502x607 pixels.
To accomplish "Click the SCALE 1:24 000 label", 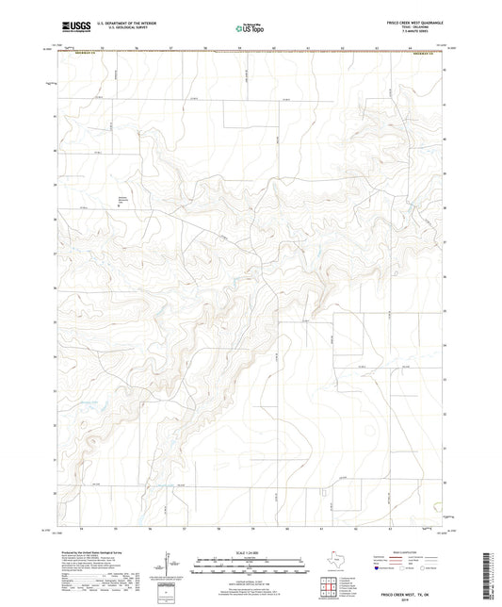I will click(x=251, y=551).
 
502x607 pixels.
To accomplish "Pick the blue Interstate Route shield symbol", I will click(x=379, y=569).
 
